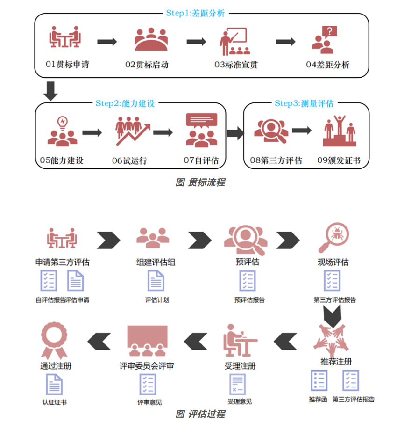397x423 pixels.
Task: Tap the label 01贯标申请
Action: click(67, 65)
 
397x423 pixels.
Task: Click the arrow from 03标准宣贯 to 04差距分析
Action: click(285, 42)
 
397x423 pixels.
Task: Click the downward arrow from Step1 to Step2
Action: click(50, 91)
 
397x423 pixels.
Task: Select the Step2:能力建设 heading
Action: click(125, 103)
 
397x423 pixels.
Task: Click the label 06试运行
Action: click(129, 160)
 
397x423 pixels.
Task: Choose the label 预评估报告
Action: click(249, 300)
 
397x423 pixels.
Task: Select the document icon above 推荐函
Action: click(319, 380)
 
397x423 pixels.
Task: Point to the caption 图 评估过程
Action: click(200, 414)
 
